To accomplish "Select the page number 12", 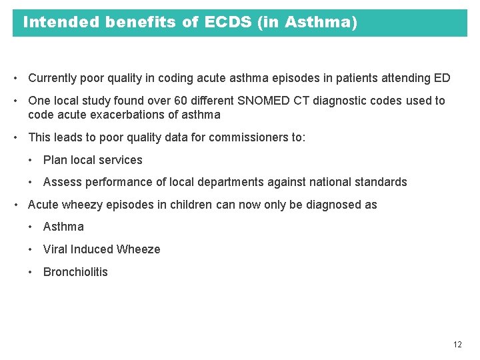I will click(457, 345).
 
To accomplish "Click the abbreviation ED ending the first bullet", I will click(442, 78).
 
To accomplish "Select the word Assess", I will click(62, 182).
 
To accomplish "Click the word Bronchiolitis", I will click(75, 272).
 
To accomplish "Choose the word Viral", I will click(56, 249).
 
